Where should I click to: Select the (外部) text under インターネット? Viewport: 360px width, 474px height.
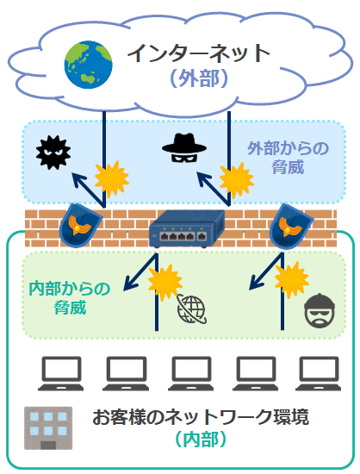click(199, 79)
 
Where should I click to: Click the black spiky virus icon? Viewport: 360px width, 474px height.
click(50, 152)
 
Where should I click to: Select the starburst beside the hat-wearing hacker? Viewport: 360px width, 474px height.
click(234, 180)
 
